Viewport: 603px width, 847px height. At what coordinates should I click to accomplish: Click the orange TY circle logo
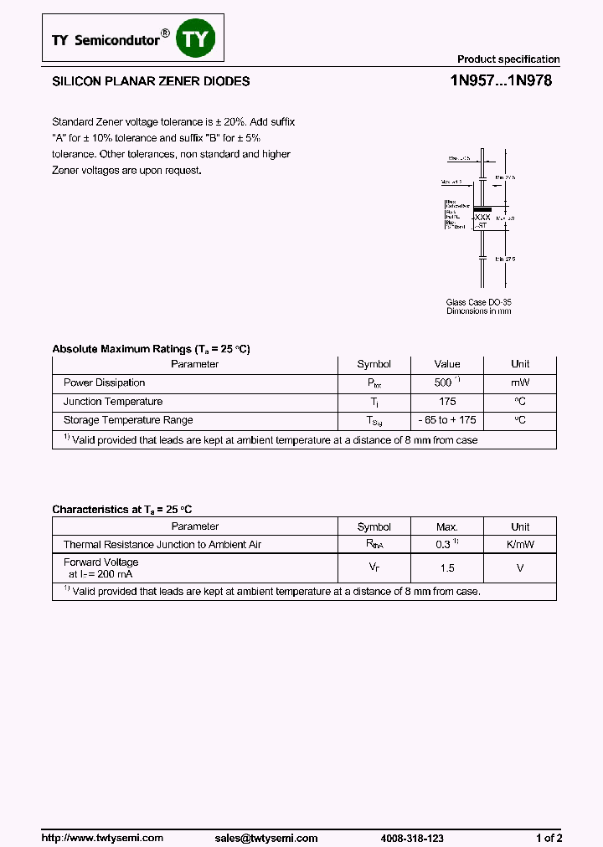pos(198,38)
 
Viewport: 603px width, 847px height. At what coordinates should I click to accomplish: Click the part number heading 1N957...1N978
pos(501,82)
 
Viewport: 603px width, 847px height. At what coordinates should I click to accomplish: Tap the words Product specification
pos(508,59)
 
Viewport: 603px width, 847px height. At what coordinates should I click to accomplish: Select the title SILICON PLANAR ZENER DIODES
pos(151,82)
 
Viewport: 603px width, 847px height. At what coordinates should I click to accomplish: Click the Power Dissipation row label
pos(104,382)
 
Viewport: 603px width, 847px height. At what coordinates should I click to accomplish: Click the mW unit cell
pos(520,382)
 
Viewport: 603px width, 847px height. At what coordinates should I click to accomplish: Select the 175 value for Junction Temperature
pos(447,402)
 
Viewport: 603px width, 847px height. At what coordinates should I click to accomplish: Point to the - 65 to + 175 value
pos(447,420)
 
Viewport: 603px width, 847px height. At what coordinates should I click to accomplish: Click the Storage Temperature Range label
pos(128,420)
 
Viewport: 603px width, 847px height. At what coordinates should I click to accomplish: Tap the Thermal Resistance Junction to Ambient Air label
pos(162,545)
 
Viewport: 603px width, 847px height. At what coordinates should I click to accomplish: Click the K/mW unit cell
pos(520,545)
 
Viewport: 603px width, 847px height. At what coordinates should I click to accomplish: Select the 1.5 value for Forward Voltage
pos(447,568)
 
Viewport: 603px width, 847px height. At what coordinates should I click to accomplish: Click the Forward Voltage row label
pos(101,562)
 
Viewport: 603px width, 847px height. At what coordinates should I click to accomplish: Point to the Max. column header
pos(447,527)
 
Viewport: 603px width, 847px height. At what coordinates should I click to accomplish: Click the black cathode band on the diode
pos(482,208)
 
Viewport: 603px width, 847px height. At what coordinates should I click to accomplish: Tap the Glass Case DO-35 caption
pos(478,302)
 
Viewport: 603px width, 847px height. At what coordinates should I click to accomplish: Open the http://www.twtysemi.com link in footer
pos(102,838)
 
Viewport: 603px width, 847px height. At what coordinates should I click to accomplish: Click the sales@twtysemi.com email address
pos(265,838)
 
